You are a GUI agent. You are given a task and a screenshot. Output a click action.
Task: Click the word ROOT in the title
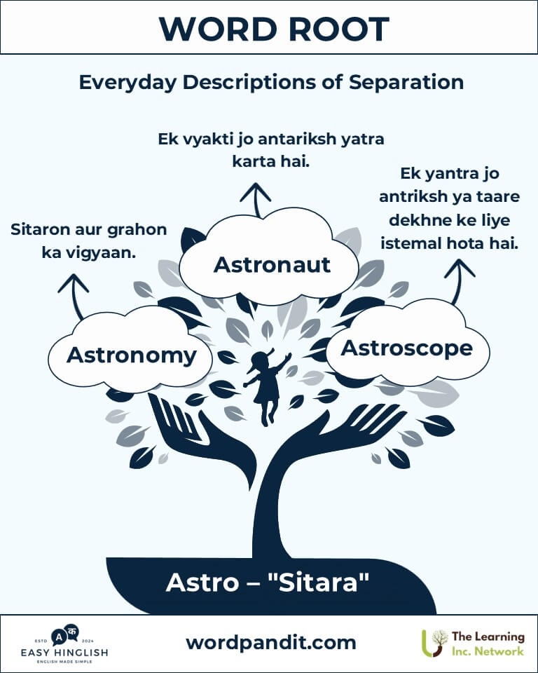[x=338, y=29]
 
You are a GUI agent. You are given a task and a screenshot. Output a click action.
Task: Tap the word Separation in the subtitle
[x=406, y=82]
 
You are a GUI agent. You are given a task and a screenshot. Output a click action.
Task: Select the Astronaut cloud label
[x=272, y=264]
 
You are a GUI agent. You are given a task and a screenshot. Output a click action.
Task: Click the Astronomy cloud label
[x=131, y=356]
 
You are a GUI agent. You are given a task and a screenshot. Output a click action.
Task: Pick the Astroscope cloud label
[x=407, y=348]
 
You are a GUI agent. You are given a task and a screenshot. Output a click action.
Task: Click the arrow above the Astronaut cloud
[x=256, y=200]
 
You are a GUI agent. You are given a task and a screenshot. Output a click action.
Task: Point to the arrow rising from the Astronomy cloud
[x=75, y=296]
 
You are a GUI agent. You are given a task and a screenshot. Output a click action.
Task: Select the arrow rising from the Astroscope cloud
[x=457, y=281]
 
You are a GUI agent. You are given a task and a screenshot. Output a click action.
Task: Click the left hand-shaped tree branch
[x=202, y=437]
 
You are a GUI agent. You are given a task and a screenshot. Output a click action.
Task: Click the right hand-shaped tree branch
[x=339, y=433]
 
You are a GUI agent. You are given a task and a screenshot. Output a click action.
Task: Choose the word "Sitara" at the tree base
[x=318, y=583]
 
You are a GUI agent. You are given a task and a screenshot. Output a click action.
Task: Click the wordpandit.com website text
[x=270, y=643]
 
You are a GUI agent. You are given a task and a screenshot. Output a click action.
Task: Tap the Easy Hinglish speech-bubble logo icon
[x=64, y=635]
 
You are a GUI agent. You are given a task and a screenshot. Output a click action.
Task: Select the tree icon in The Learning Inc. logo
[x=434, y=644]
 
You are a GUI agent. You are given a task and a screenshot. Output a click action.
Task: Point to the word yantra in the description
[x=450, y=173]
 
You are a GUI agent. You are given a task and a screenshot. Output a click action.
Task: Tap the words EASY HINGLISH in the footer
[x=64, y=653]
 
